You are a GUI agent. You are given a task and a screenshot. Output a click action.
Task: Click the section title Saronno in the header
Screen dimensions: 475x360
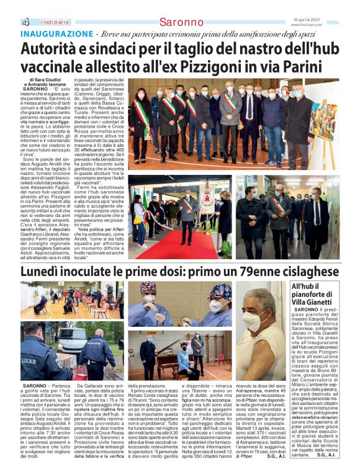[181, 22]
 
